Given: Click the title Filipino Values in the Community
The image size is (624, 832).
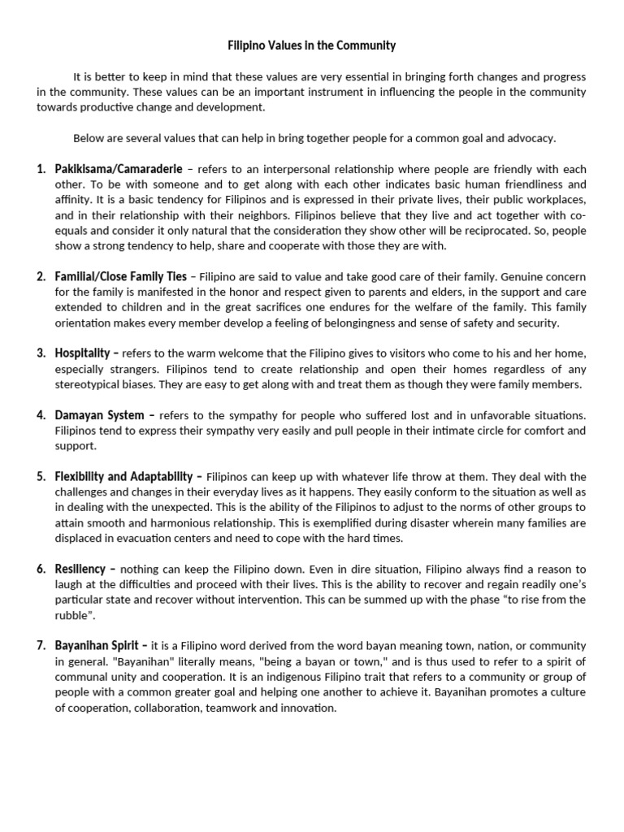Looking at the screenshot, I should coord(312,46).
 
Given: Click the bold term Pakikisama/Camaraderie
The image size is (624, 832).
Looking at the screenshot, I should coord(118,169).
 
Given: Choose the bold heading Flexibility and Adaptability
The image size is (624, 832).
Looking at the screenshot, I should coord(123,476).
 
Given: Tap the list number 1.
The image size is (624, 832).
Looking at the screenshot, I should coord(41,169).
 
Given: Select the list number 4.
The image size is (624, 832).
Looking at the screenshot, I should coord(41,415).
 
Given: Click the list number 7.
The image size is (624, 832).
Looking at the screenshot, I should coord(41,645).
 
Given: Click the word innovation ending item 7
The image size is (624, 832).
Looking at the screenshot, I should coord(307,708).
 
